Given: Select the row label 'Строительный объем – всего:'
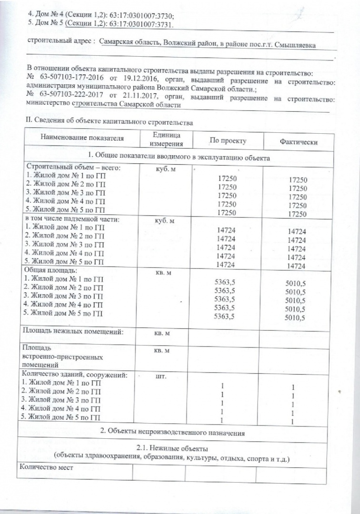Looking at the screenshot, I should [70, 168].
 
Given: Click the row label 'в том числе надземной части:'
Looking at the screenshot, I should [71, 219].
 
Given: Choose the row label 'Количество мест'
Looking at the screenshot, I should [46, 467].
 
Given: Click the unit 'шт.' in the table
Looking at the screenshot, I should [160, 376].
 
